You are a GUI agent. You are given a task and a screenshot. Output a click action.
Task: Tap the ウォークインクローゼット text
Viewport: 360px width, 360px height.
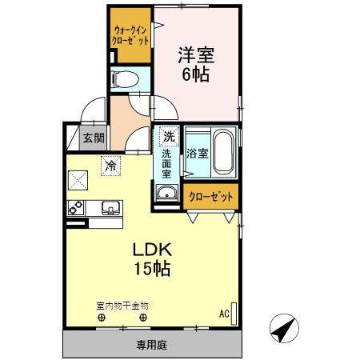(130, 34)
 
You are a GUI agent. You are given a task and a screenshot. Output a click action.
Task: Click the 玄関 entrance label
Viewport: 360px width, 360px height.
(93, 138)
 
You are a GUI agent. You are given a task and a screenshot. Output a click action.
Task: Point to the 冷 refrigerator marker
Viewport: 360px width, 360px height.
(109, 166)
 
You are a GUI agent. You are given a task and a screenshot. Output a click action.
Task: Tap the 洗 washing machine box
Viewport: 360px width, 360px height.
(168, 135)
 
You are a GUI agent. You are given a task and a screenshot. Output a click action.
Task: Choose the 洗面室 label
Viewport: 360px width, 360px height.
(167, 163)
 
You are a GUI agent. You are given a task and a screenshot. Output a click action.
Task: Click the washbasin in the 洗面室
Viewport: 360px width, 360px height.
(168, 193)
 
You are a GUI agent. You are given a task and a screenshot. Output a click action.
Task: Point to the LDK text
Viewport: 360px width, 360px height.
(150, 250)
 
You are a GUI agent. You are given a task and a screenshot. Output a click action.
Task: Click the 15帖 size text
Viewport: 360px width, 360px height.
(150, 269)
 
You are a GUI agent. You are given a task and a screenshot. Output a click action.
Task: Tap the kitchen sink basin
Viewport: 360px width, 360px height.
(110, 210)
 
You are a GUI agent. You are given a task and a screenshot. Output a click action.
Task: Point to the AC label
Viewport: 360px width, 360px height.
(224, 313)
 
